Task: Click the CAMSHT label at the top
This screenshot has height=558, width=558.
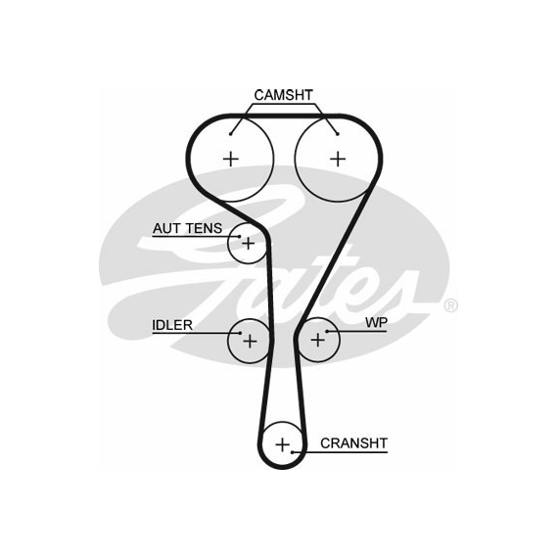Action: (283, 95)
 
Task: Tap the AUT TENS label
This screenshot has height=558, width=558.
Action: (187, 228)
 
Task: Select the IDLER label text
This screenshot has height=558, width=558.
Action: (172, 325)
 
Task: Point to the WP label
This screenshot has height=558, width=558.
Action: (376, 322)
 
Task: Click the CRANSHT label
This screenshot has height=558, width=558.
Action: (353, 443)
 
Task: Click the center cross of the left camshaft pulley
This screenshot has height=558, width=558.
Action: (231, 159)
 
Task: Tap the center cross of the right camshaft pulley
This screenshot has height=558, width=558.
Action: (338, 159)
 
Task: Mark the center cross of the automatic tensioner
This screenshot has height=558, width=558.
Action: (248, 244)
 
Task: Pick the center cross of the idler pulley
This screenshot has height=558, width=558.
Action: (250, 341)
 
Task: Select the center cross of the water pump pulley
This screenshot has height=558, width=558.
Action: (318, 340)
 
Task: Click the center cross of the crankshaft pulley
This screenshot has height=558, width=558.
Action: (283, 444)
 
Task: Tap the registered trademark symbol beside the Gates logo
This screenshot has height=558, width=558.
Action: (451, 305)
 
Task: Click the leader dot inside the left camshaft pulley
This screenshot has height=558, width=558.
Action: (231, 134)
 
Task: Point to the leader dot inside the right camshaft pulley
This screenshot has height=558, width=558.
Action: (338, 134)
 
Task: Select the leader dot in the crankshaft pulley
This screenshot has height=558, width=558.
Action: (292, 452)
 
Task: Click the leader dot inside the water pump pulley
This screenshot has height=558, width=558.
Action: (327, 331)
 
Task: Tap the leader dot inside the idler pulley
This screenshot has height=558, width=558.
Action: (241, 334)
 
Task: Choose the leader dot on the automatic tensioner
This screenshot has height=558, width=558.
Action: (240, 236)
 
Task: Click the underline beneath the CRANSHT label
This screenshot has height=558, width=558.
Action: (340, 452)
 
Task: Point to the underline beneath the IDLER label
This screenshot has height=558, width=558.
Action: (197, 334)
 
